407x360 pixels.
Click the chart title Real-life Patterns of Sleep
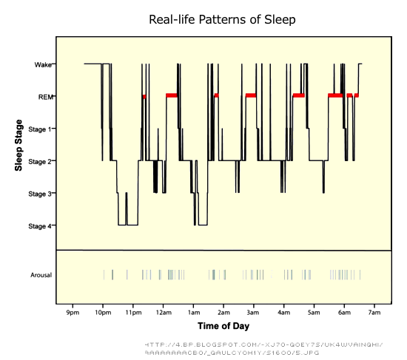pos(222,20)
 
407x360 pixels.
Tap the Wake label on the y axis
pos(43,65)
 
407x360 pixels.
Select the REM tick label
pos(44,97)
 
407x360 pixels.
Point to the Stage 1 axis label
pos(40,129)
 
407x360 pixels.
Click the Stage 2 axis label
pos(40,161)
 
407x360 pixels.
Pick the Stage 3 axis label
pos(40,194)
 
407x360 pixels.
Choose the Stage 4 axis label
pos(40,226)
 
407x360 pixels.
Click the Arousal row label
pos(40,275)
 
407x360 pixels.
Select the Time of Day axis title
pos(223,325)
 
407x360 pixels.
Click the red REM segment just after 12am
pos(172,95)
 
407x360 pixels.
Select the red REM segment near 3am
pos(250,95)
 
